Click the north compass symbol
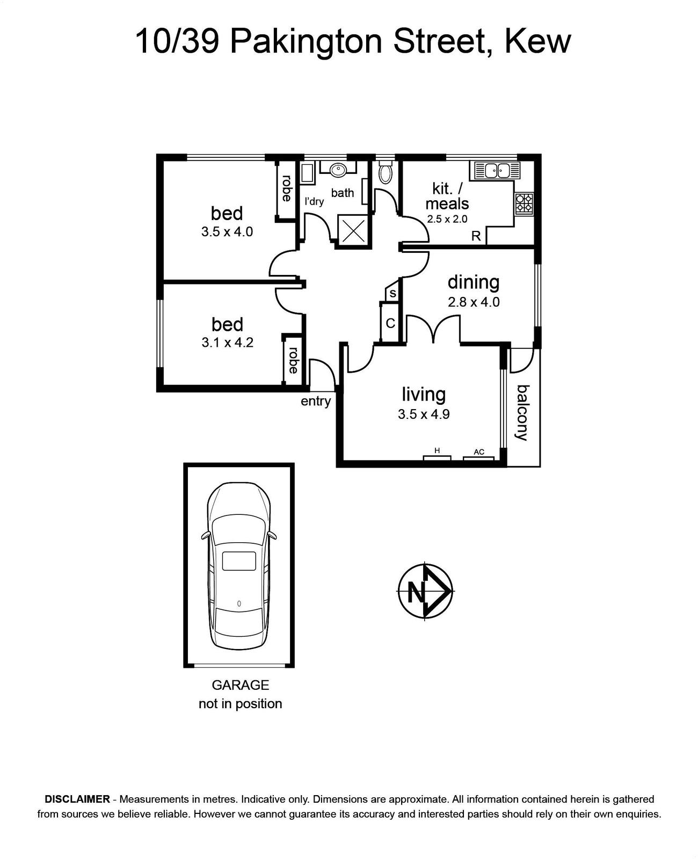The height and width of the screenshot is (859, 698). coord(425,591)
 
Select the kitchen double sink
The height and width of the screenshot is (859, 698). coord(497,171)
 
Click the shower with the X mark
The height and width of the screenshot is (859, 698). coord(353,230)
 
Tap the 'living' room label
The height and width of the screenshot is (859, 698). coord(424,394)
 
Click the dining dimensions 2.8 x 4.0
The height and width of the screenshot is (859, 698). coord(474,302)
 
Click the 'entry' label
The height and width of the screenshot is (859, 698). coord(316,401)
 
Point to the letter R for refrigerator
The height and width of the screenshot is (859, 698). coord(476,236)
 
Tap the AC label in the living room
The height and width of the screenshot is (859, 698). coord(478,452)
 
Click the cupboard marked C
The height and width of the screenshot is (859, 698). coord(390,323)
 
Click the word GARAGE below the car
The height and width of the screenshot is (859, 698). coord(241,685)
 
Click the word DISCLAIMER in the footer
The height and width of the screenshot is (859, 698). coord(77,799)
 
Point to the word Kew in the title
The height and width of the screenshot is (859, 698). coord(538,42)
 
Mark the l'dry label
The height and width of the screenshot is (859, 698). coord(314,201)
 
